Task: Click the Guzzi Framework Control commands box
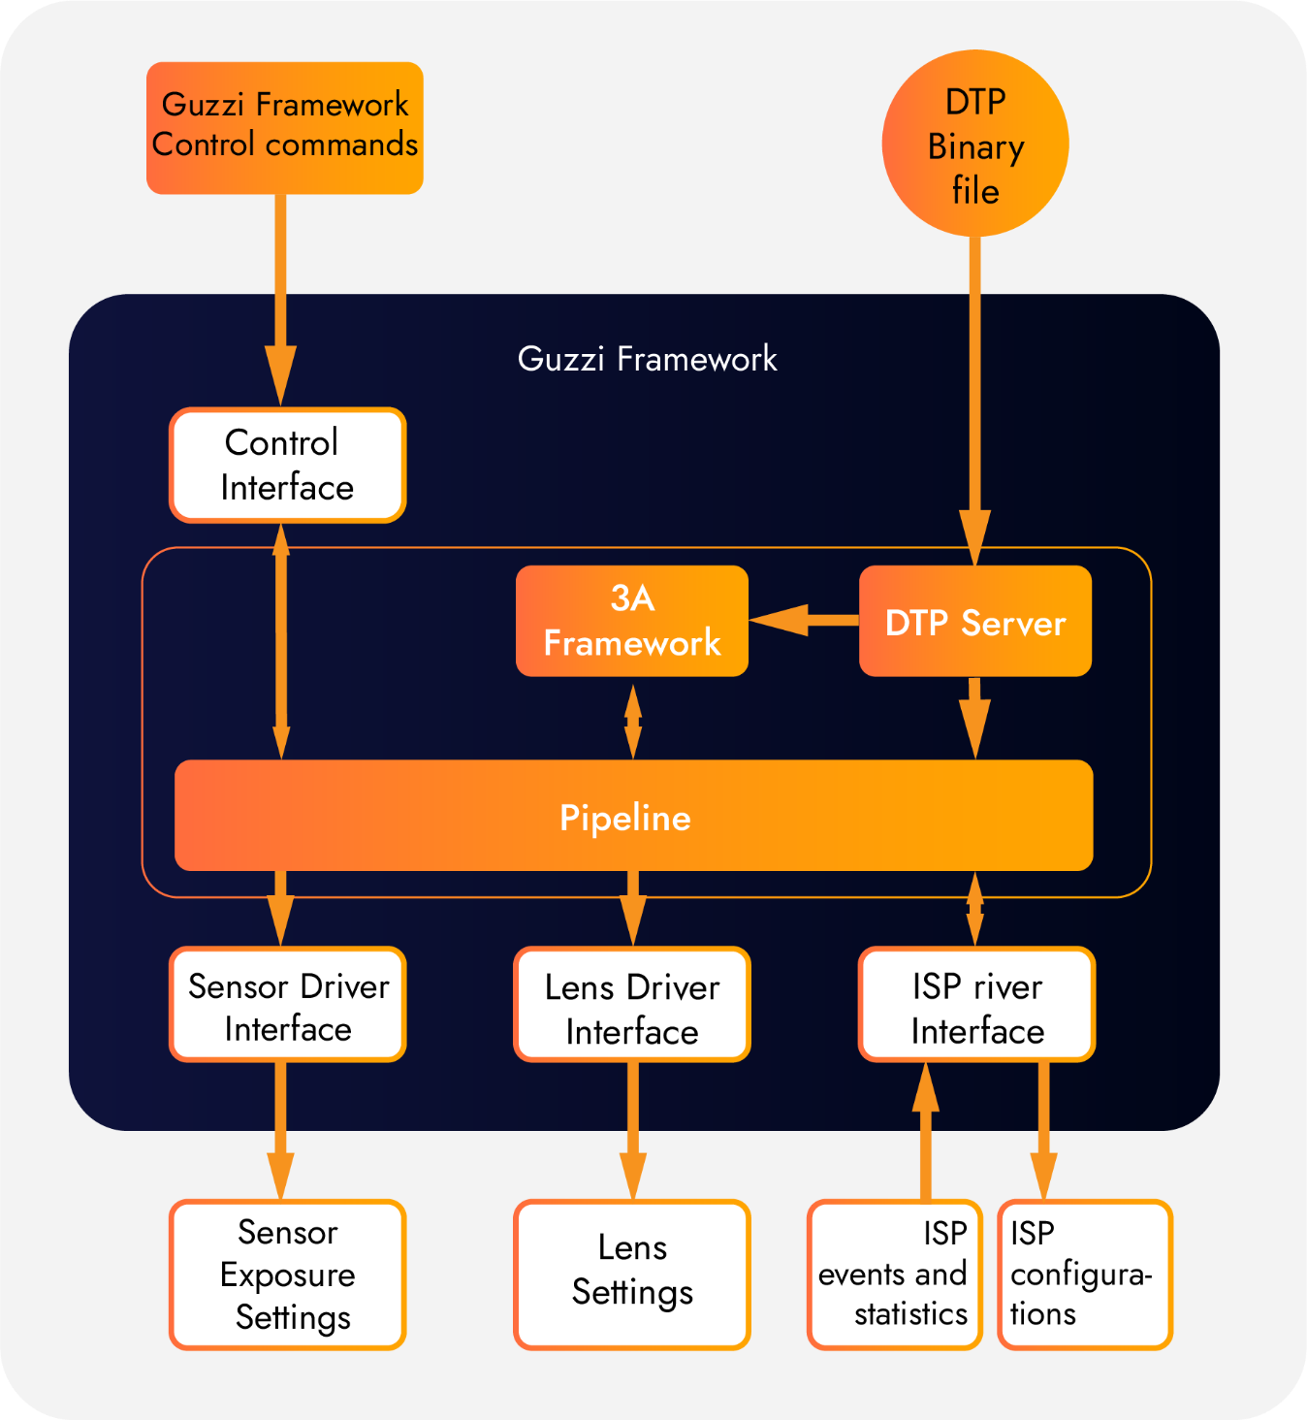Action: (284, 128)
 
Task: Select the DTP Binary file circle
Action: (974, 144)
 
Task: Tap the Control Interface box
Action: (287, 466)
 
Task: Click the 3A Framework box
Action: (631, 621)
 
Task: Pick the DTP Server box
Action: (974, 622)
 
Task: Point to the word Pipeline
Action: (625, 818)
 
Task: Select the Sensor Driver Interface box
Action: (287, 1005)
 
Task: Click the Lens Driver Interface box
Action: (631, 1005)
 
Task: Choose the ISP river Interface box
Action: (976, 1005)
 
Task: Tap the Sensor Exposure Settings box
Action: (287, 1275)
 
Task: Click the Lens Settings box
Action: (631, 1275)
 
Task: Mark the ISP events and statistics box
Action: (894, 1275)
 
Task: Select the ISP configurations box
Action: (1084, 1275)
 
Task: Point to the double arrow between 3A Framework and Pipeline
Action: (633, 722)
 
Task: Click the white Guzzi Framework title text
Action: (647, 359)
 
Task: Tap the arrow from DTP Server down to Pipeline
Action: (974, 718)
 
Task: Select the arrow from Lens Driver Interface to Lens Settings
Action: (633, 1131)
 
